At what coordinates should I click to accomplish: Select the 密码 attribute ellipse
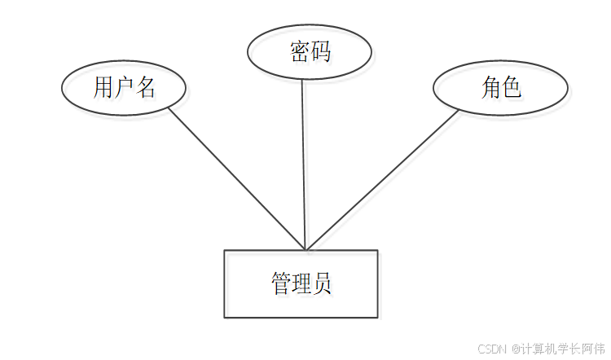click(x=310, y=50)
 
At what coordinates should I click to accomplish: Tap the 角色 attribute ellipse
click(x=499, y=87)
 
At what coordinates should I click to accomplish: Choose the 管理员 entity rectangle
click(x=301, y=283)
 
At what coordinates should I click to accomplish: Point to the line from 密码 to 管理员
click(x=303, y=163)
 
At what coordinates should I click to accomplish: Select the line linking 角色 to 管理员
click(x=383, y=179)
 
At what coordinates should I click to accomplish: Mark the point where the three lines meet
click(x=305, y=249)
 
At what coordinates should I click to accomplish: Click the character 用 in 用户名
click(x=103, y=87)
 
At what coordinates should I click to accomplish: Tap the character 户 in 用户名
click(x=124, y=87)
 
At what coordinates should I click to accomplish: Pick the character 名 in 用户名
click(x=145, y=87)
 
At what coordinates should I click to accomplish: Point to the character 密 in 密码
click(x=300, y=51)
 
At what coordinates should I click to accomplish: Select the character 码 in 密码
click(x=320, y=51)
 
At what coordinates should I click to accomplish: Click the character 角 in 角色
click(x=490, y=87)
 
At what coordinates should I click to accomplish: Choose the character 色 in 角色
click(x=511, y=87)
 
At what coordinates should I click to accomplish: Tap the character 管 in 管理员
click(x=280, y=284)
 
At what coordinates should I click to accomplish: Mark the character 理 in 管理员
click(x=301, y=284)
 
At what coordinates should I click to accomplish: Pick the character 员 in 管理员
click(x=322, y=284)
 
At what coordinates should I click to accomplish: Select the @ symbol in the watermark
click(x=516, y=349)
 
